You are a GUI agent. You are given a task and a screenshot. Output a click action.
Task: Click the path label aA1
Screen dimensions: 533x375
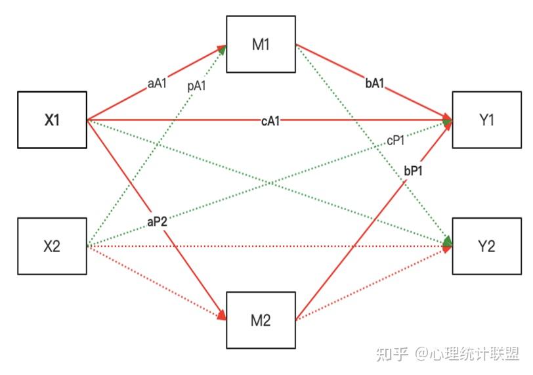157,83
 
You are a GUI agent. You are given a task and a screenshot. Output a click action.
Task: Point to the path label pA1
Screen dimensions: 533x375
196,85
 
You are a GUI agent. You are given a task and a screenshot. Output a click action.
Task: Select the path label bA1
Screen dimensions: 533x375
375,83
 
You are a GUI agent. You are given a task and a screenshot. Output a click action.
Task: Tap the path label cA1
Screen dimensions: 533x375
270,120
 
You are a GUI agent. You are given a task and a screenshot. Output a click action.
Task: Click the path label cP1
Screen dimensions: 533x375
395,140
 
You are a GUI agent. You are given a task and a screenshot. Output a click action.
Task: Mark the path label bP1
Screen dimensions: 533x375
413,171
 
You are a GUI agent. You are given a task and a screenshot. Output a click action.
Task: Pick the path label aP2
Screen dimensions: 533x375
157,222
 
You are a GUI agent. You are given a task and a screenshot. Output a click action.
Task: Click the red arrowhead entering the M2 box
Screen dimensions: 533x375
222,315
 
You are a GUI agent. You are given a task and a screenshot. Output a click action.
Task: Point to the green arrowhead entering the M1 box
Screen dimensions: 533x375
223,50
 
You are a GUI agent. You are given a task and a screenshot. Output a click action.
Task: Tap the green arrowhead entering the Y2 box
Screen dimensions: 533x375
448,241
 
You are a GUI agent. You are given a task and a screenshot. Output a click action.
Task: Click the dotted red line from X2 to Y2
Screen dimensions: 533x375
270,246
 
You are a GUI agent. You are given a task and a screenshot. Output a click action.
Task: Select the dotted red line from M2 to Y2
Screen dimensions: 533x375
374,283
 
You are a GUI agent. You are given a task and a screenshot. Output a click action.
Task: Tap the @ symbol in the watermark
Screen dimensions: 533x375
421,354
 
